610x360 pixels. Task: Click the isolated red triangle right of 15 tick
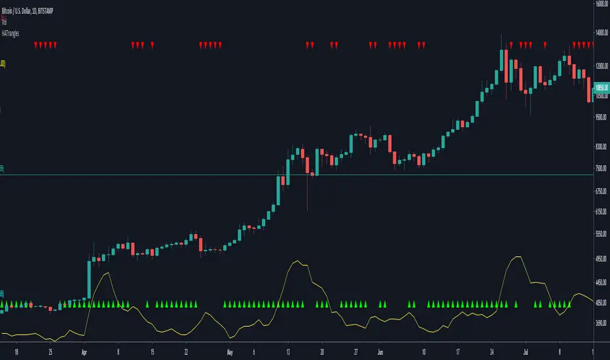(x=152, y=46)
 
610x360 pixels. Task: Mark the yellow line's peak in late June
(x=518, y=257)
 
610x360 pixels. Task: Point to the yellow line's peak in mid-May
(x=298, y=262)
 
